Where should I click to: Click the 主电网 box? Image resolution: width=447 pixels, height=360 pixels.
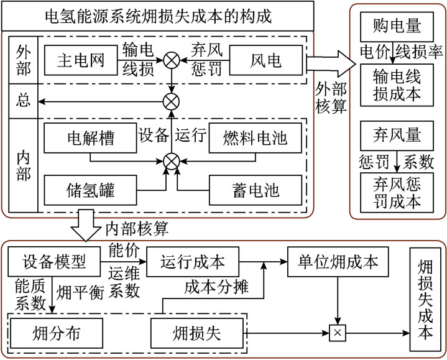pyautogui.click(x=80, y=60)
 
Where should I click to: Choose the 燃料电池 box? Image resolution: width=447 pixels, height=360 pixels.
pyautogui.click(x=256, y=136)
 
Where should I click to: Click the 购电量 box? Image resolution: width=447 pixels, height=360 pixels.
pyautogui.click(x=397, y=26)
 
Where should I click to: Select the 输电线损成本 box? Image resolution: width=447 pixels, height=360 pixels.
pyautogui.click(x=397, y=85)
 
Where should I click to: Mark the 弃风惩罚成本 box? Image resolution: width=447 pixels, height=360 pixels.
pyautogui.click(x=397, y=192)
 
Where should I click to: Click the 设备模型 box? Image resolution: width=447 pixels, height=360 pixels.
pyautogui.click(x=53, y=261)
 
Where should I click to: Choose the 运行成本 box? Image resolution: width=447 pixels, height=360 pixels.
pyautogui.click(x=192, y=261)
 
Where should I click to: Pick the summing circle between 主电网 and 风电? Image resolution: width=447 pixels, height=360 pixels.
pyautogui.click(x=172, y=60)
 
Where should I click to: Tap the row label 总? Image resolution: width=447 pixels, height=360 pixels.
pyautogui.click(x=24, y=101)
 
